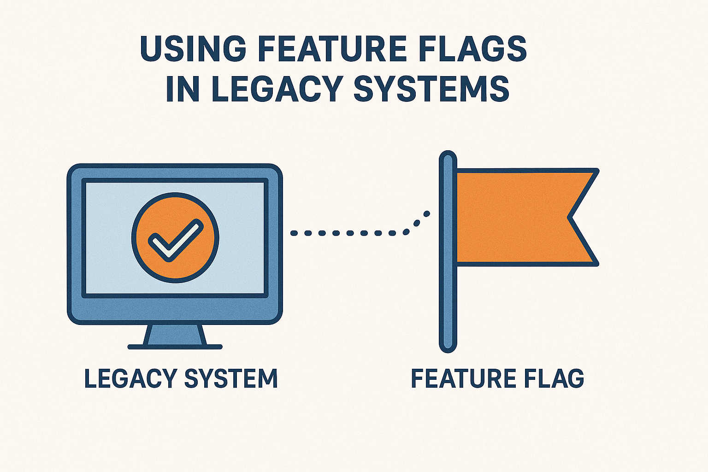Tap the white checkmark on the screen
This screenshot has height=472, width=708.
[x=176, y=240]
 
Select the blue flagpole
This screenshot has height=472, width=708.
[x=448, y=251]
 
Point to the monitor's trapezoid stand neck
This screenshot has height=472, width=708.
[x=175, y=335]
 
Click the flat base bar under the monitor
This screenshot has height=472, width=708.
[x=175, y=347]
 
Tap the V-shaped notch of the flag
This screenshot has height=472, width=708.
[x=569, y=218]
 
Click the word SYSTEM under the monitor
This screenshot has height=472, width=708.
[x=231, y=378]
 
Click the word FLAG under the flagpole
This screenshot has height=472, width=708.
[x=554, y=378]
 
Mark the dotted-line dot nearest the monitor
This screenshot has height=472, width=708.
[x=294, y=233]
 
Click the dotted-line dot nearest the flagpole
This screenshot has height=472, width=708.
[x=427, y=214]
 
